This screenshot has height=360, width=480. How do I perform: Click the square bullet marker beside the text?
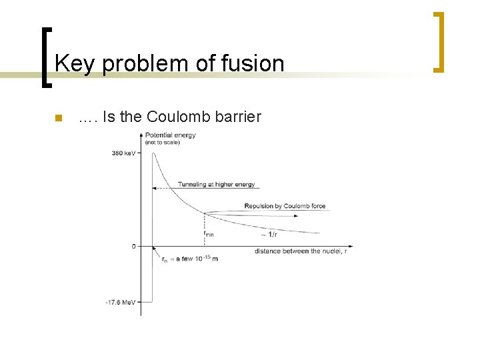point(57,119)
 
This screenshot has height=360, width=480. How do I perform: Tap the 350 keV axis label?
point(124,153)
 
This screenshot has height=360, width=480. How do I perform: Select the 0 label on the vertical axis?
point(133,246)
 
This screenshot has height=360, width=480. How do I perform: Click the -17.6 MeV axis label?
point(121,302)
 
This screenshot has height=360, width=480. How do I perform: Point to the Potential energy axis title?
point(170,135)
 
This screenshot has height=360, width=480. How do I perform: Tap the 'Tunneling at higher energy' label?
point(216,184)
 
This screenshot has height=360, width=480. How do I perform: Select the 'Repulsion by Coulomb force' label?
point(285,206)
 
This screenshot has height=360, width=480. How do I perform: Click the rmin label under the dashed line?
point(208,233)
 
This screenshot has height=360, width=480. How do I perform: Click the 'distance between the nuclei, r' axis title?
point(301,251)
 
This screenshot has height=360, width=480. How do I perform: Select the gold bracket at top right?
point(438,41)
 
